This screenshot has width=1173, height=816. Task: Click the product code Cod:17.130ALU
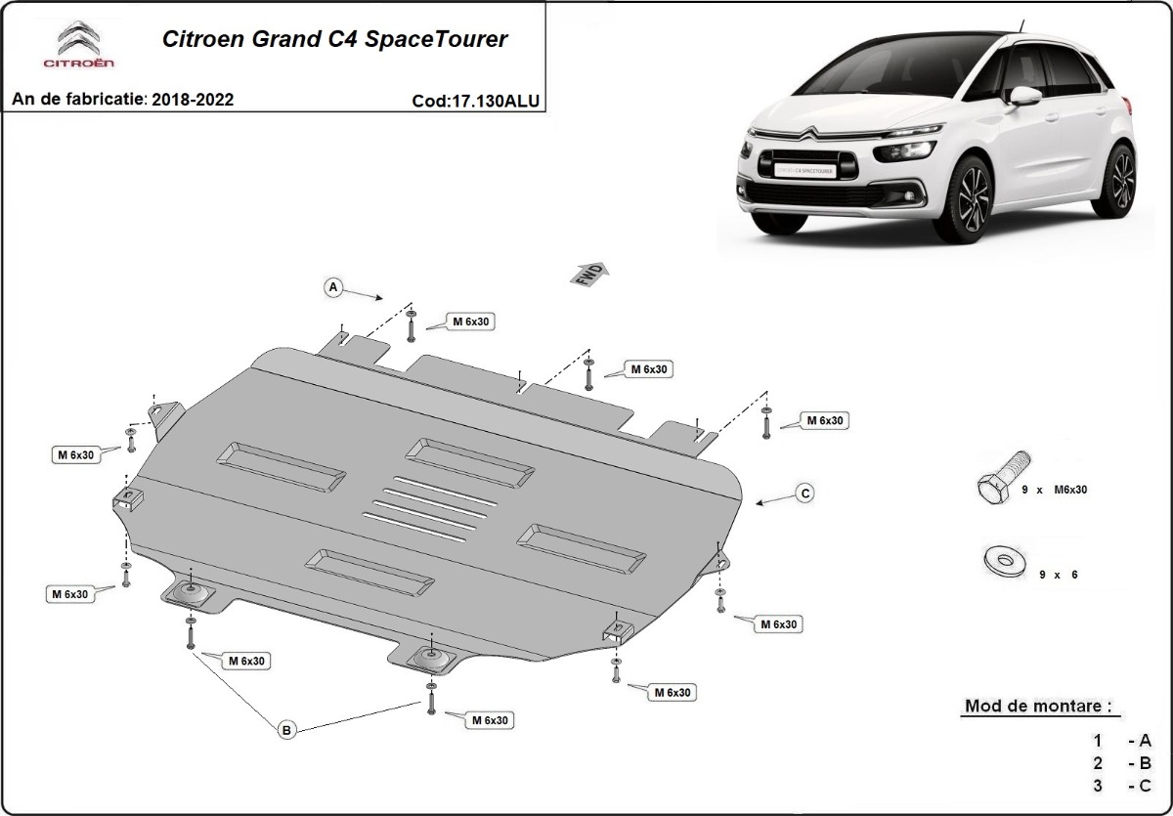pyautogui.click(x=475, y=100)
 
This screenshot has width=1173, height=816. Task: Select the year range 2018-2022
pyautogui.click(x=193, y=100)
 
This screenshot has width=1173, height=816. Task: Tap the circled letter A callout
pyautogui.click(x=333, y=287)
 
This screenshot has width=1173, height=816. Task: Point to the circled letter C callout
pyautogui.click(x=804, y=494)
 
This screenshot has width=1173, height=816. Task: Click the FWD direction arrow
pyautogui.click(x=588, y=274)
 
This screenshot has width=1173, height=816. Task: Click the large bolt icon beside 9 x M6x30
pyautogui.click(x=1002, y=478)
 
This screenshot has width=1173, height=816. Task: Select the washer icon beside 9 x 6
pyautogui.click(x=1000, y=562)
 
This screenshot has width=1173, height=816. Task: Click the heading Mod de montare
pyautogui.click(x=1037, y=706)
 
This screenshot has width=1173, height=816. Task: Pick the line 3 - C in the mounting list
pyautogui.click(x=1124, y=786)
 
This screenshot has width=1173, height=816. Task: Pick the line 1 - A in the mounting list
pyautogui.click(x=1124, y=741)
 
